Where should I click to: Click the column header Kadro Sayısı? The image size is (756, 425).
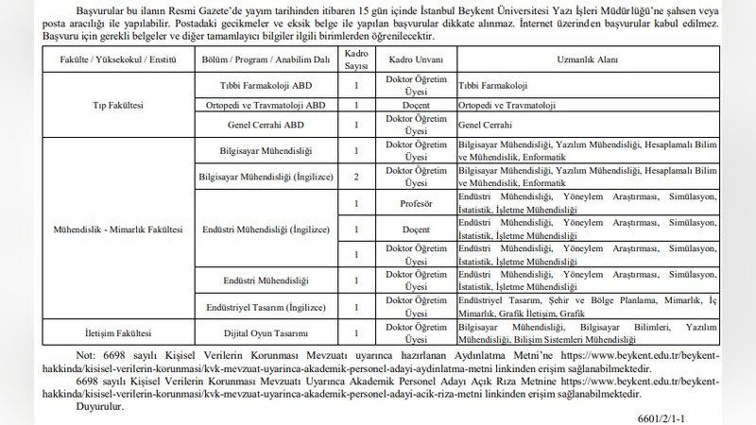click(x=355, y=59)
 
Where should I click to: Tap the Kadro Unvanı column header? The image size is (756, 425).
click(x=408, y=59)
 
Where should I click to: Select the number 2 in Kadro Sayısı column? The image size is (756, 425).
click(x=355, y=176)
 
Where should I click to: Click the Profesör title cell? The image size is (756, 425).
click(x=408, y=202)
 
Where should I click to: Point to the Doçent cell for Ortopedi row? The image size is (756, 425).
click(x=408, y=104)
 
